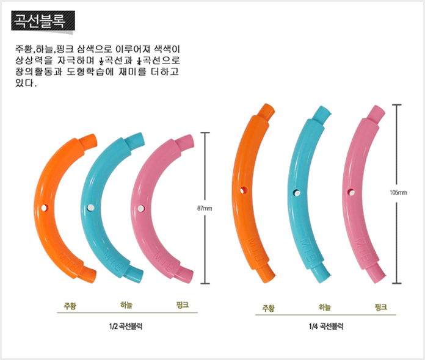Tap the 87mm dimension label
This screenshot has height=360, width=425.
(x=205, y=208)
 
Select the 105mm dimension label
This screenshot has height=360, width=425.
(x=398, y=192)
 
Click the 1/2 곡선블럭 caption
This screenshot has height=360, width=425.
(x=126, y=326)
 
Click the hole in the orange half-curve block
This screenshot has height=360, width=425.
(x=44, y=209)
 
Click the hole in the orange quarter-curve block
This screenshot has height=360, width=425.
(x=245, y=189)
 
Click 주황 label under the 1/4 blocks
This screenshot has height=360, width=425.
(x=268, y=307)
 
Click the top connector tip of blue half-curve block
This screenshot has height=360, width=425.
(x=138, y=141)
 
